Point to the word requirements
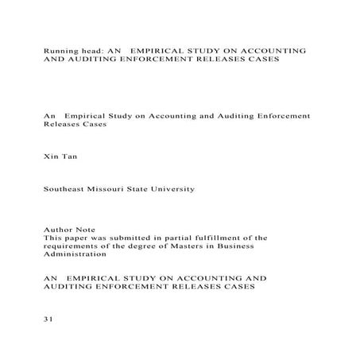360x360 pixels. click(x=70, y=246)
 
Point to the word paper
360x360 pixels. click(x=78, y=237)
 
